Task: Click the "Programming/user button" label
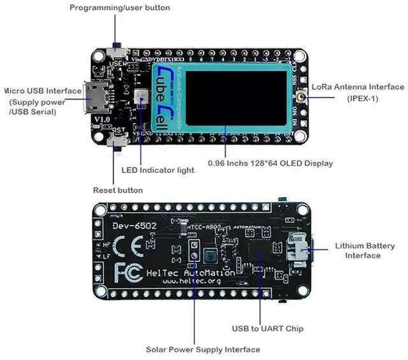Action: pos(120,8)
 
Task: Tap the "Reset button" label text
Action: pos(118,190)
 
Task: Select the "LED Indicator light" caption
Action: pos(157,170)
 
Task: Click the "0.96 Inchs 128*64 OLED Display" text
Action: pos(270,163)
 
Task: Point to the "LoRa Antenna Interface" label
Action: pos(358,87)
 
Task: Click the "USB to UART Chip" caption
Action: pos(267,329)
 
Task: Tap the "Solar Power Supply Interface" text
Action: pos(203,349)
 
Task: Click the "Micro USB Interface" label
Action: pos(43,91)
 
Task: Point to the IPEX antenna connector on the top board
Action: pos(300,97)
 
